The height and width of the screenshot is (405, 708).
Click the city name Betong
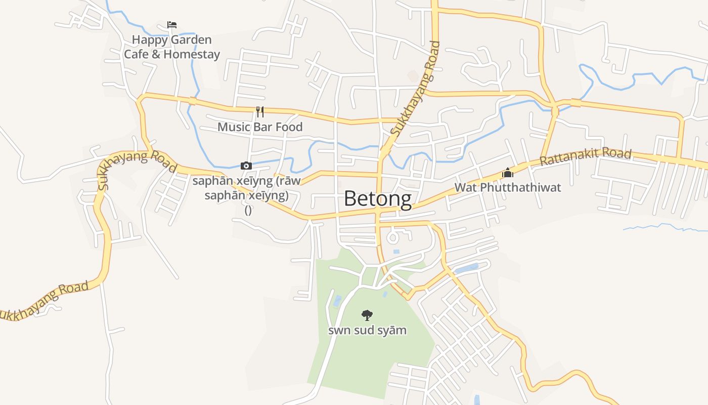[377, 198]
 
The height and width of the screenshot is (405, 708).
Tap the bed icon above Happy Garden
[172, 25]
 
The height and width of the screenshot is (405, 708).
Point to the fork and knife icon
[260, 112]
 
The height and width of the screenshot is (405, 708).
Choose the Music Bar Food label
[260, 127]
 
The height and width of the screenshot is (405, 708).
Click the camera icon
[246, 166]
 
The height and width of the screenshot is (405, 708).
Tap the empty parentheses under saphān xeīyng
[248, 210]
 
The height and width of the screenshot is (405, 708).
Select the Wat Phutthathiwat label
[507, 187]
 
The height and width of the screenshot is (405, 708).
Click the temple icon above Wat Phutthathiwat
[507, 173]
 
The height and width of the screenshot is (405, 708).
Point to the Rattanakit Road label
[586, 157]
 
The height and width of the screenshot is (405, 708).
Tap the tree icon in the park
[367, 315]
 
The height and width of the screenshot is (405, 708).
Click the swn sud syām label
[367, 331]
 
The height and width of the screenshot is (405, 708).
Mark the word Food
[289, 127]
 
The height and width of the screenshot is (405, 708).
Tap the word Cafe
[136, 54]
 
